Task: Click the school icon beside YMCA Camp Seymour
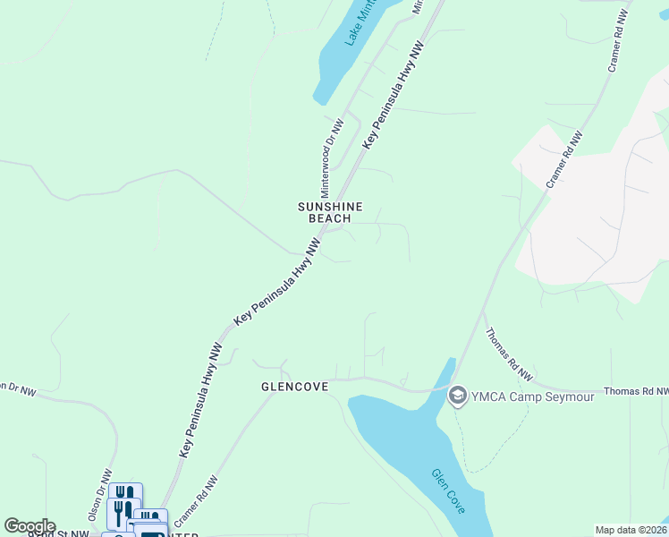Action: [458, 395]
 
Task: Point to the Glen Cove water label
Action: [448, 492]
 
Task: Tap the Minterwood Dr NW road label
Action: [332, 146]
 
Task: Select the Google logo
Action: [30, 526]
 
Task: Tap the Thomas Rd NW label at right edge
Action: [636, 392]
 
